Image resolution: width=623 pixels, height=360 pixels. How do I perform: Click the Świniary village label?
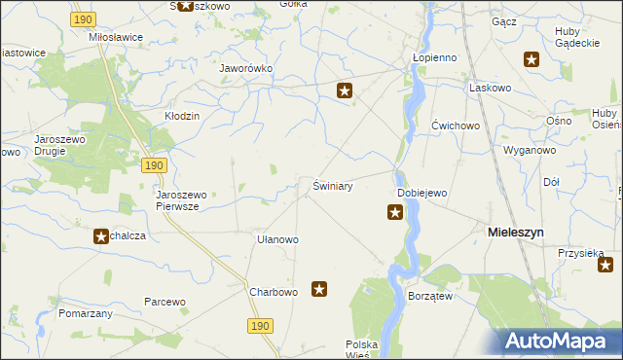[332, 185]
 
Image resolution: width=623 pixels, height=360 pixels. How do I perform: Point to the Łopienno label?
[434, 57]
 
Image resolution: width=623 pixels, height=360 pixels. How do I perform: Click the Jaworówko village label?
[245, 69]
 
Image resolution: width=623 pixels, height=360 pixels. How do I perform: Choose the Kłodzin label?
[181, 116]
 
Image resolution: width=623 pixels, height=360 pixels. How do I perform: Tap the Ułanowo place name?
[276, 238]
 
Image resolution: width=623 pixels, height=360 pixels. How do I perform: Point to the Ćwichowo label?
[456, 126]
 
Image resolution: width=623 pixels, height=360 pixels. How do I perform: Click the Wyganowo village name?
[529, 151]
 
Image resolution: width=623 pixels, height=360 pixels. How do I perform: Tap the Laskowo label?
[490, 88]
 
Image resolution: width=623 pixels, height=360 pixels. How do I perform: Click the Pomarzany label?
[86, 313]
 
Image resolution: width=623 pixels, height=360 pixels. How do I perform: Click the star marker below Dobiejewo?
[394, 212]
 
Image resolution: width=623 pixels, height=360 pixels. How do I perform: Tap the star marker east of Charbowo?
[318, 288]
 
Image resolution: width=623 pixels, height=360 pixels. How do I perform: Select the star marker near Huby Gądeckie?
[531, 59]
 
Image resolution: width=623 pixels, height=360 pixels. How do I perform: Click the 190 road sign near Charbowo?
[258, 327]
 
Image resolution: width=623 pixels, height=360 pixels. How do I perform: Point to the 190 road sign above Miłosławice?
[85, 19]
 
